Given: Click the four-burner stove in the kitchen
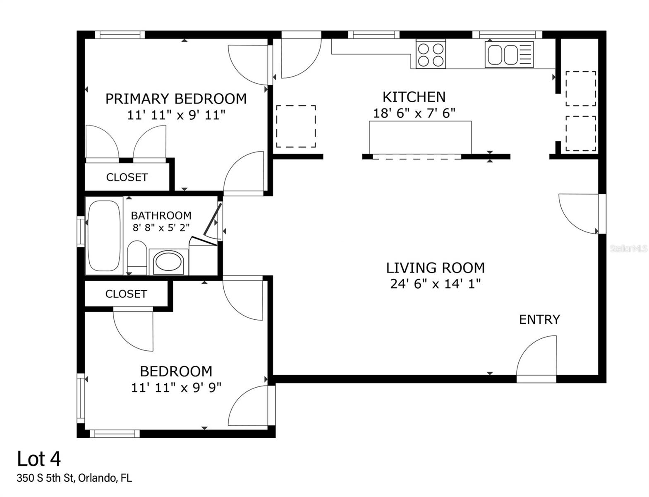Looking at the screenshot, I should tap(431, 55).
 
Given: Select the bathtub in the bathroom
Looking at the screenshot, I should tap(104, 236).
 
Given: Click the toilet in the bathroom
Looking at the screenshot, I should tap(137, 257).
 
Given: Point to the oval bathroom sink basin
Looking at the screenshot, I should tap(168, 263).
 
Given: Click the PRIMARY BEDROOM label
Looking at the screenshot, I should tap(176, 99).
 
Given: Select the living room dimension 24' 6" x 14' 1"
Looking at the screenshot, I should tap(435, 284).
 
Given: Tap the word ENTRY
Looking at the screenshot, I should tap(539, 319).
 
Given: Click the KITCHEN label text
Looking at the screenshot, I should tap(414, 97).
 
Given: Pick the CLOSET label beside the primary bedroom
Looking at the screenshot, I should tap(127, 177).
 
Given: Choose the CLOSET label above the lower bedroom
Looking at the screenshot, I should tap(126, 294).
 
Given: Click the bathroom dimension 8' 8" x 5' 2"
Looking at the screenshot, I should tap(161, 227).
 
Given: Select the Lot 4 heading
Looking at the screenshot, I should tap(39, 459).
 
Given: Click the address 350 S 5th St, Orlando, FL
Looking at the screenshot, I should tap(74, 478).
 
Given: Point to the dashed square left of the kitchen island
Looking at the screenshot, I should tap(296, 126).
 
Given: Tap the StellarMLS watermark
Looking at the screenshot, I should tap(628, 248).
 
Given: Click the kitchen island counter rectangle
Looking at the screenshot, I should tap(420, 137).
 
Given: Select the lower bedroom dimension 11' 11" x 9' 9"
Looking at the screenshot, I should tap(176, 388).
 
